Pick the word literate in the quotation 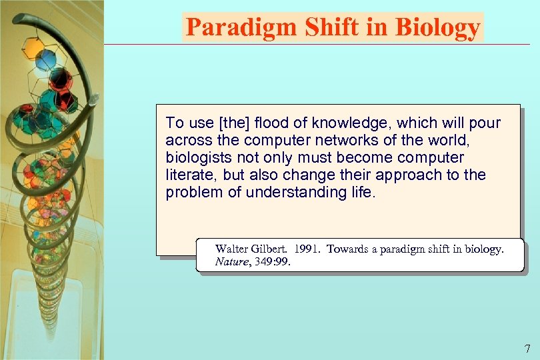point(190,175)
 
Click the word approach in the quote point(408,175)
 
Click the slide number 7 point(527,348)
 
